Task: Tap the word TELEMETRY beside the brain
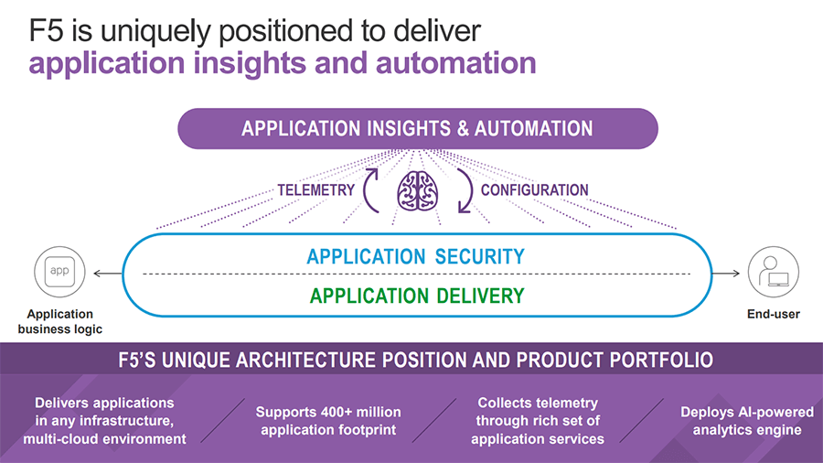315,190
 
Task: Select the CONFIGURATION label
535,190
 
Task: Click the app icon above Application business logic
59,272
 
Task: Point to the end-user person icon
767,272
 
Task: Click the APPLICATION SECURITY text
416,256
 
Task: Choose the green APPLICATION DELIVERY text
417,296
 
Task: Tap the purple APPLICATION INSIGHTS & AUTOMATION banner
417,129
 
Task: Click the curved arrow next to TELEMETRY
372,189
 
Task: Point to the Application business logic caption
60,321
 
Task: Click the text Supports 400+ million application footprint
327,421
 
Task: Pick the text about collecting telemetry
538,421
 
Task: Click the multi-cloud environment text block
104,421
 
